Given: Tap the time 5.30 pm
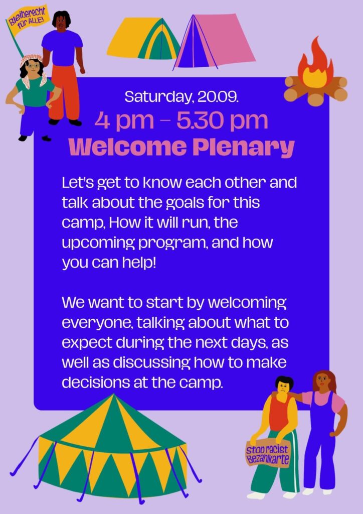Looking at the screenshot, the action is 222,120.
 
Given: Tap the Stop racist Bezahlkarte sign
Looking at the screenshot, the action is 268,454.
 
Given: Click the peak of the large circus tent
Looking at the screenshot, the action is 114,395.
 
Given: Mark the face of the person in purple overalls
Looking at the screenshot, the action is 322,381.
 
